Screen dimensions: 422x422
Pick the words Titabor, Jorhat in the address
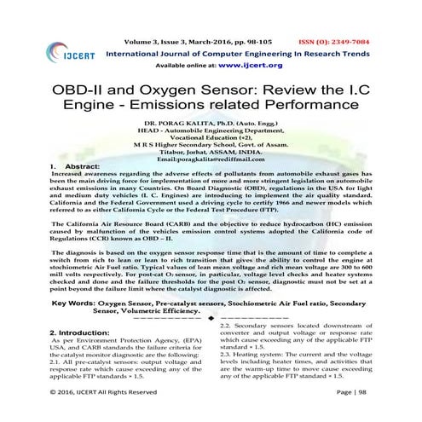[x=182, y=152]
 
